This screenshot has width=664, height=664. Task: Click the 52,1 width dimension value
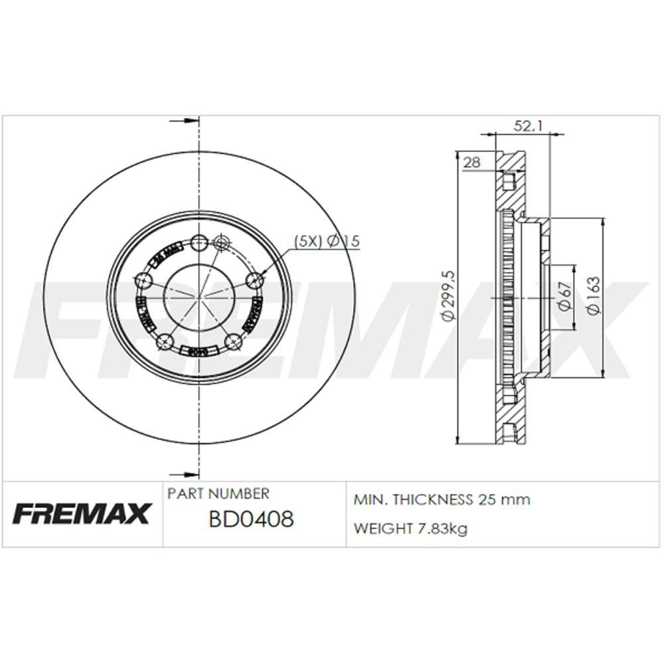point(528,125)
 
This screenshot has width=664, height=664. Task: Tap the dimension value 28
point(472,162)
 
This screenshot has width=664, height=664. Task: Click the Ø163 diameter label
point(593,295)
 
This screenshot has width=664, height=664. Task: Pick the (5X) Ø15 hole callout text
point(327,242)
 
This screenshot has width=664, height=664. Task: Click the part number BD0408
point(250,519)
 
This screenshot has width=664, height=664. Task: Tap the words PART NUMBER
point(218,494)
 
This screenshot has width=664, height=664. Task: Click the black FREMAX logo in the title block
point(82,513)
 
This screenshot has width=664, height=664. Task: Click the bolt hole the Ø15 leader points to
point(253,281)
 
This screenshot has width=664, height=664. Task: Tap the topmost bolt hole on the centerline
point(199,242)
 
